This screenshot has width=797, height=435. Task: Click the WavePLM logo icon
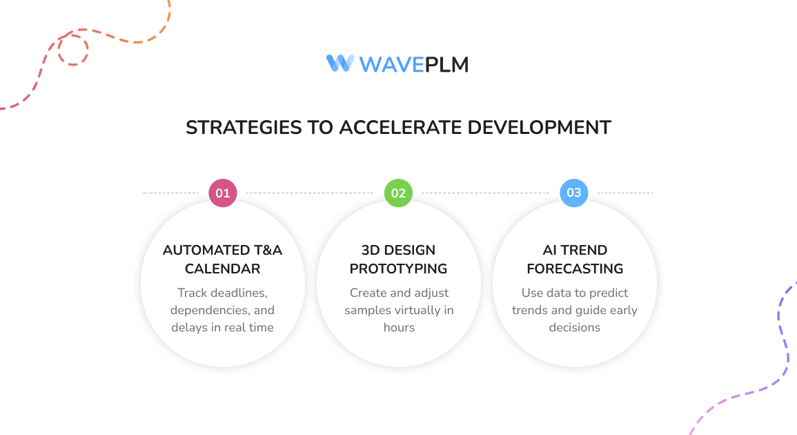click(x=340, y=64)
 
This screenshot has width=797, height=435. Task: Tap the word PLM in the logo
click(x=446, y=65)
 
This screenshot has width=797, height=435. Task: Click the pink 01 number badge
click(x=223, y=193)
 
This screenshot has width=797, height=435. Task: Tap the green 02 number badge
click(x=398, y=193)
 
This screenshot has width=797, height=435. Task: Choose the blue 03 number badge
click(x=574, y=193)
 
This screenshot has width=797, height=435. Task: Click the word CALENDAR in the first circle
click(x=222, y=269)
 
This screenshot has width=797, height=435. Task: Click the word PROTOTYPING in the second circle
click(x=398, y=269)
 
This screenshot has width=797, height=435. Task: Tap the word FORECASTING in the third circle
click(x=575, y=269)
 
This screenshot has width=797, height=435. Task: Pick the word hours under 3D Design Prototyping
click(x=399, y=327)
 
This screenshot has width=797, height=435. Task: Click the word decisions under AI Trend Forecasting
click(x=575, y=327)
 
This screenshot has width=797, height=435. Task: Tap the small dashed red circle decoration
click(x=72, y=49)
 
